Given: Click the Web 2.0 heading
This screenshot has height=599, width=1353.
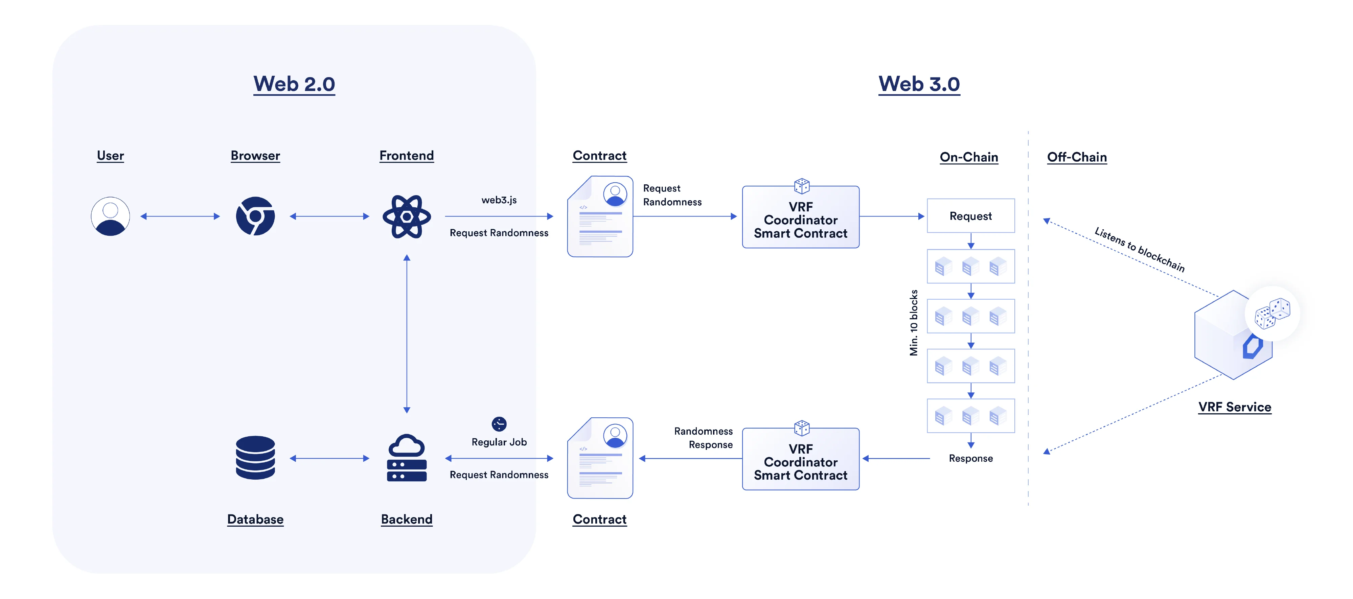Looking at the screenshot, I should coord(294,84).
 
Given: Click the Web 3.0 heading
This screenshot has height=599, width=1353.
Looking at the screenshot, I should coord(919,84).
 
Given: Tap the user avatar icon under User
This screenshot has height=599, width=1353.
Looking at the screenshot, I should coord(110,216).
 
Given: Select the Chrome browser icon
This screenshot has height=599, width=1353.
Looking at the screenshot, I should coord(255,216).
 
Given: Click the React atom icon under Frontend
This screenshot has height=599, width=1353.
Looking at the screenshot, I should coord(407,216).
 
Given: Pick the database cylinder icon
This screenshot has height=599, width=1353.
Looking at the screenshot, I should coord(255,458).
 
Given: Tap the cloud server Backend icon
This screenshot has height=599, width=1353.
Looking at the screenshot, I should coord(407,458).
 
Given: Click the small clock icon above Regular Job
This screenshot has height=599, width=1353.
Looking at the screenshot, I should coord(499,424).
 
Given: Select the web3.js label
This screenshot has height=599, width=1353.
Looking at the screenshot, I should coord(499,200).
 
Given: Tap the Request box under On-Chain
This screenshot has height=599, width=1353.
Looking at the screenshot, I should coord(971,216).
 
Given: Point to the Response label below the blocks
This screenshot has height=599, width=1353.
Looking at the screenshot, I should coord(971,458).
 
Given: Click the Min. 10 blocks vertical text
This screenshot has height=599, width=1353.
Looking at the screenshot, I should coord(914,323).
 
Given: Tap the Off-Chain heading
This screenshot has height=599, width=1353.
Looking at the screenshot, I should coord(1077,157).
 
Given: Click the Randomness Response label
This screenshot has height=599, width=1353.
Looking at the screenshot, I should coord(704,438).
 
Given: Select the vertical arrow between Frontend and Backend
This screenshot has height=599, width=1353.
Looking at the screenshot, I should coord(407,334).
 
